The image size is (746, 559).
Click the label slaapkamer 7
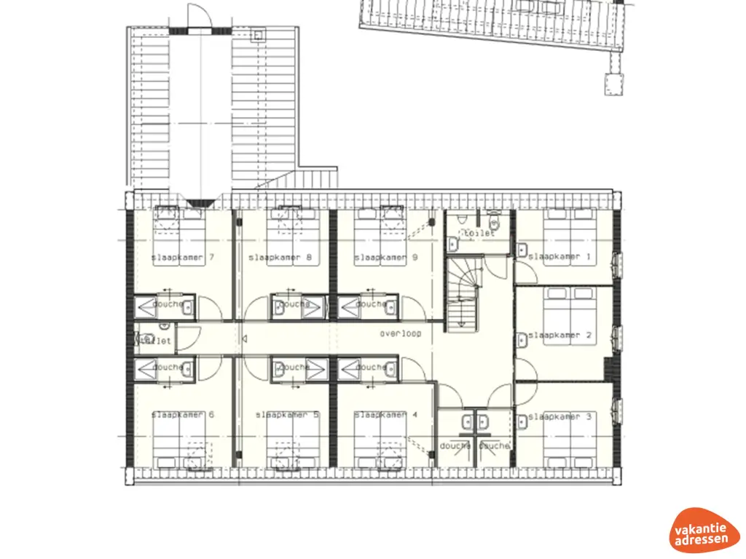(x=182, y=258)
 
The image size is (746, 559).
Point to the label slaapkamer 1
(x=559, y=257)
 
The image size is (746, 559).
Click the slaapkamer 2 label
(x=559, y=336)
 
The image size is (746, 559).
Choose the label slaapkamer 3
(x=559, y=417)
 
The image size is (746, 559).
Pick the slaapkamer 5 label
(x=287, y=415)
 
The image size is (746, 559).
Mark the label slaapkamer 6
(x=182, y=415)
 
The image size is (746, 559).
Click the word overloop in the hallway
(x=400, y=334)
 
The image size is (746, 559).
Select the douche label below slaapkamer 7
(x=168, y=304)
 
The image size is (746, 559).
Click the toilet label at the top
(x=479, y=234)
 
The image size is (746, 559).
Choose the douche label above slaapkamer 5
(x=294, y=368)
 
